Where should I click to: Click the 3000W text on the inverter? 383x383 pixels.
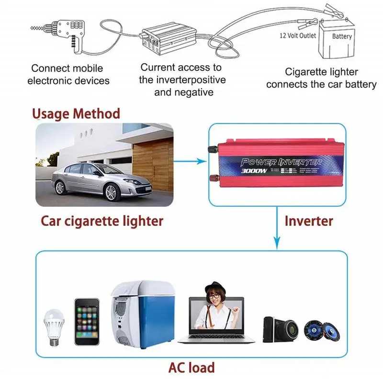tap(254, 169)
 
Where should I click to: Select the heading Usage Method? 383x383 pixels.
tap(76, 114)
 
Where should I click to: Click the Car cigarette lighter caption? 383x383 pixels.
tap(102, 221)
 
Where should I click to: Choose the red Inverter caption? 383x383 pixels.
tap(308, 221)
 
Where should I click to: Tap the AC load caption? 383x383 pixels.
tap(191, 367)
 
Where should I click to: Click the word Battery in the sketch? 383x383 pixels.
tap(342, 36)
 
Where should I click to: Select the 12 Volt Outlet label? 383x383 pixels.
tap(298, 35)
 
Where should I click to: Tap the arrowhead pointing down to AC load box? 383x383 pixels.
tap(276, 245)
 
